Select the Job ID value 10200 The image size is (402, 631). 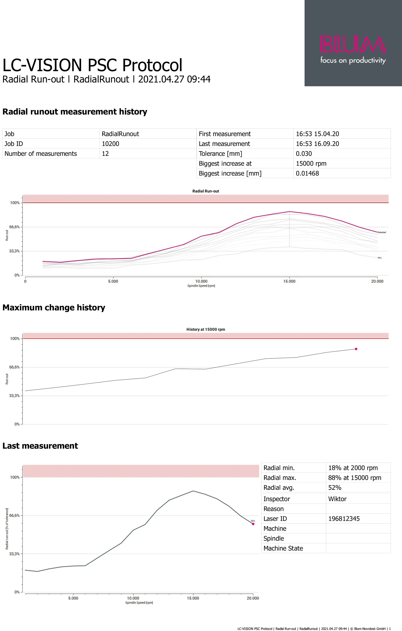[x=110, y=144]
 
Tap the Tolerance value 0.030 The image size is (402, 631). [x=304, y=154]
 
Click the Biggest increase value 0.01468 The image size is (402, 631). [x=307, y=173]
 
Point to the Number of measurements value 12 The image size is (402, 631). [x=105, y=154]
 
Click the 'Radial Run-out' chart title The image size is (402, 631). [x=205, y=191]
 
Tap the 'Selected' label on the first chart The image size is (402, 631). [x=381, y=232]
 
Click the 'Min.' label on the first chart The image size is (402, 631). [x=380, y=258]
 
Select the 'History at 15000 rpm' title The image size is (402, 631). [x=205, y=329]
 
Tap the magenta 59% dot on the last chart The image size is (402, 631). [x=253, y=524]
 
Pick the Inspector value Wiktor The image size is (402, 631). [x=337, y=499]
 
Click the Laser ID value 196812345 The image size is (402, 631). [x=344, y=519]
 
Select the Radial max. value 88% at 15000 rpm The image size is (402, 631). [x=354, y=478]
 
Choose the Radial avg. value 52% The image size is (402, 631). [x=335, y=488]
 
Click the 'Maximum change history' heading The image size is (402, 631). [x=54, y=308]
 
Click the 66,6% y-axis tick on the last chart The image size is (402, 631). [x=14, y=515]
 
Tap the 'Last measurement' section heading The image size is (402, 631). [x=40, y=446]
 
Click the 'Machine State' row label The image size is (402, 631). [x=283, y=548]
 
